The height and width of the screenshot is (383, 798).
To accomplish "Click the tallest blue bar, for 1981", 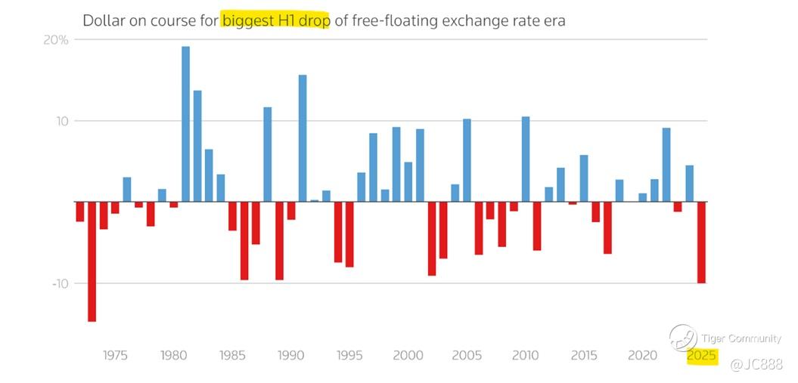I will [185, 124].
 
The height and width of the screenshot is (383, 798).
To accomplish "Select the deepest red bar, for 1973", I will [92, 261].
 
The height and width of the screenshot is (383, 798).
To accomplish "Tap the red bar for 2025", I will [701, 242].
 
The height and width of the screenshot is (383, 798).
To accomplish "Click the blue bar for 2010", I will [526, 159].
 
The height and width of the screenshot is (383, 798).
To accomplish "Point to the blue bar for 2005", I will [467, 160].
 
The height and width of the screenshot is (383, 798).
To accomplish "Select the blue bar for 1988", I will [267, 154].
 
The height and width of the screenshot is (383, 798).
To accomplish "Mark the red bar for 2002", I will [432, 238].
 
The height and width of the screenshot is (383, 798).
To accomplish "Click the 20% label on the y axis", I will [55, 40].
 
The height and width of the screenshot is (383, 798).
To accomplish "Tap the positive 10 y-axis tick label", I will [61, 121].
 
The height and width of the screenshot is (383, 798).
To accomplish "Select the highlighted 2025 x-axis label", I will [701, 356].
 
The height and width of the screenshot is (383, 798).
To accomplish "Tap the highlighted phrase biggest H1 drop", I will [275, 20].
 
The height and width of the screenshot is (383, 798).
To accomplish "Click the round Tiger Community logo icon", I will [682, 338].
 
